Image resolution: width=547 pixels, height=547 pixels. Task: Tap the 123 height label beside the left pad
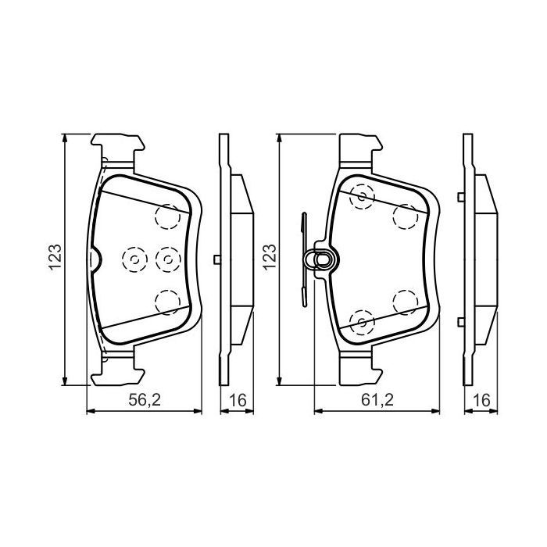pos(55,258)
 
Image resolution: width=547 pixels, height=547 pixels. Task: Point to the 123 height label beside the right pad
pos(270,257)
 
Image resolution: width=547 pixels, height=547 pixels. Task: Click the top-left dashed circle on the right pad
pos(361,197)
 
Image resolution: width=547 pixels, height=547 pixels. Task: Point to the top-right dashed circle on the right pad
pos(404,216)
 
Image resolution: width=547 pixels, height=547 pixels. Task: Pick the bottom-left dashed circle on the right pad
pos(361,319)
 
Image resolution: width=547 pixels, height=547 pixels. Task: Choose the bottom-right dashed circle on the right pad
pos(404,300)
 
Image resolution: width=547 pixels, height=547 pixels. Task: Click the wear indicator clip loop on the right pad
pos(320,258)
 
